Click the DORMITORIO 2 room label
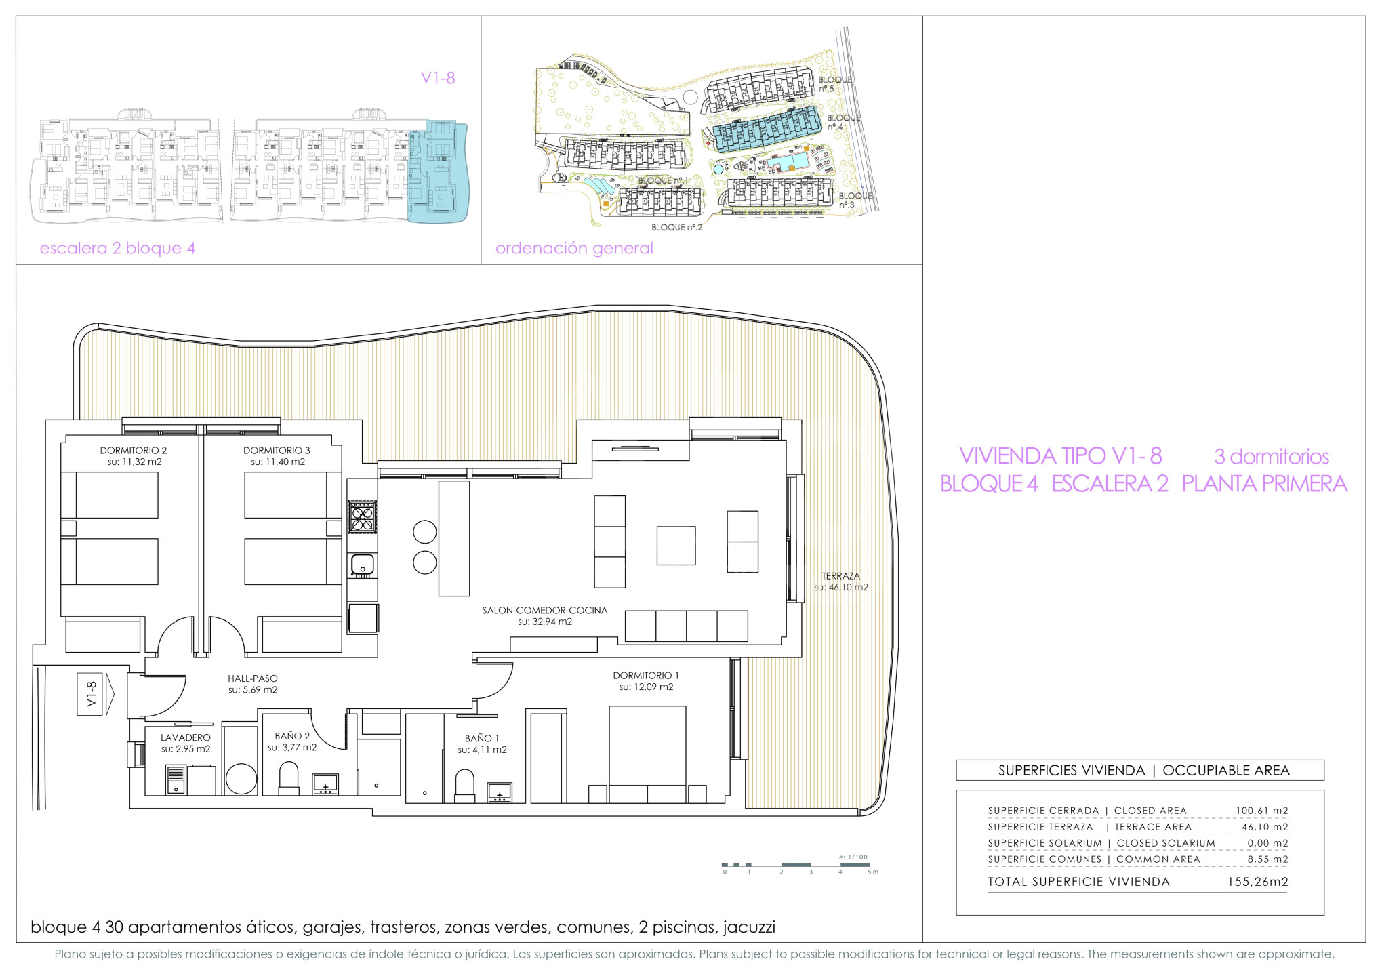point(134,451)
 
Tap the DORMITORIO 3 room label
point(277,451)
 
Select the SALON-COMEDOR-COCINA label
point(545,610)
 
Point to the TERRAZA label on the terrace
point(840,576)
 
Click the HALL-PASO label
point(253,678)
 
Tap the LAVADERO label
point(186,737)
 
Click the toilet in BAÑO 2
point(289,778)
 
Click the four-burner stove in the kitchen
point(362,516)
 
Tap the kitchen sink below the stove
point(362,565)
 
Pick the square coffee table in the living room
point(676,546)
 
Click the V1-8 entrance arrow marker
point(96,694)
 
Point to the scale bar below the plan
point(799,865)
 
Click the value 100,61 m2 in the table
point(1261,811)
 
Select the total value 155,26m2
point(1258,882)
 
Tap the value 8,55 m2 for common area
point(1267,859)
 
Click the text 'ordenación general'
point(574,248)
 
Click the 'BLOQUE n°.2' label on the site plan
point(676,228)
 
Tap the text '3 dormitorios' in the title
point(1272,457)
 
